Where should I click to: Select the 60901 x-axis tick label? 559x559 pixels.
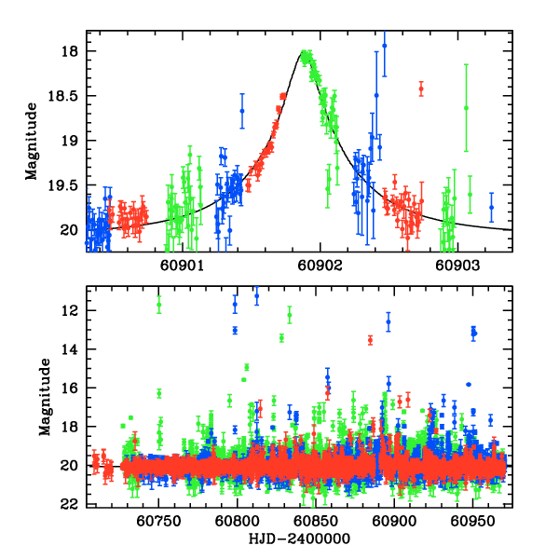(182, 265)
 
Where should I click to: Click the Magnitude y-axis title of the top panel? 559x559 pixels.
(32, 141)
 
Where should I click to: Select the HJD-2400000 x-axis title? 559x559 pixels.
(298, 539)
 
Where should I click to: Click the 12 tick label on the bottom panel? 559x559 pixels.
(73, 310)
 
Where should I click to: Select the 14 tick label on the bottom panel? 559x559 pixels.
(73, 349)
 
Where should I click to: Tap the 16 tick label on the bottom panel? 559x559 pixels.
(73, 388)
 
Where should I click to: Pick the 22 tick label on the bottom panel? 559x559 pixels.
(73, 504)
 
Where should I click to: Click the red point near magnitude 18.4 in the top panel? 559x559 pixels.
(421, 89)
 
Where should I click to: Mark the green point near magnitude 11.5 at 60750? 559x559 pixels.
(159, 302)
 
